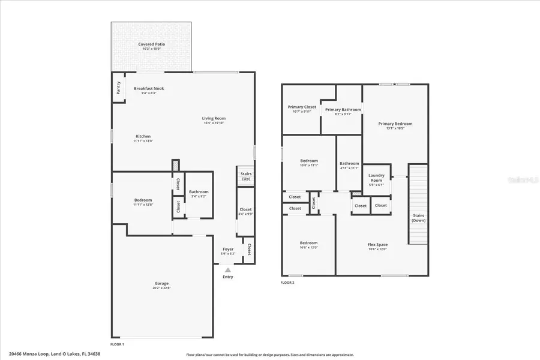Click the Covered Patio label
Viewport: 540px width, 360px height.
pos(151,44)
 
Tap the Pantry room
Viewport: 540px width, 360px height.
pos(118,88)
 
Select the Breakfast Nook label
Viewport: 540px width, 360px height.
pos(148,88)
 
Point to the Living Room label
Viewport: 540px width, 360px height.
pos(214,118)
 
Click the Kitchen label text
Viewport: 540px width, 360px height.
pos(143,136)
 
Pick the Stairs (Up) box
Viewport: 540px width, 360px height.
pos(245,176)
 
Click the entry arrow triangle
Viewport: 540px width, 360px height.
pos(227,271)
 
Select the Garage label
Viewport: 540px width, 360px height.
pos(161,283)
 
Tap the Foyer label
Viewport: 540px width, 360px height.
pos(228,249)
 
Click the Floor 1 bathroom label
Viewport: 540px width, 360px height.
pos(199,192)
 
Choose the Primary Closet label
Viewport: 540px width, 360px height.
pos(301,107)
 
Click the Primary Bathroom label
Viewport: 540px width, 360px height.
pos(343,110)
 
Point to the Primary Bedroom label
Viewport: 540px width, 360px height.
pos(395,124)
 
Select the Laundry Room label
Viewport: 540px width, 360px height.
pos(376,178)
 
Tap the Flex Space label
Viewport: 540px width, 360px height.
pos(377,244)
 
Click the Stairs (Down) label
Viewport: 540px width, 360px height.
pos(418,217)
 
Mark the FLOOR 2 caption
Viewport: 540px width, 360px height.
pos(287,282)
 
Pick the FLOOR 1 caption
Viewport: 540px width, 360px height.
pos(117,344)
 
